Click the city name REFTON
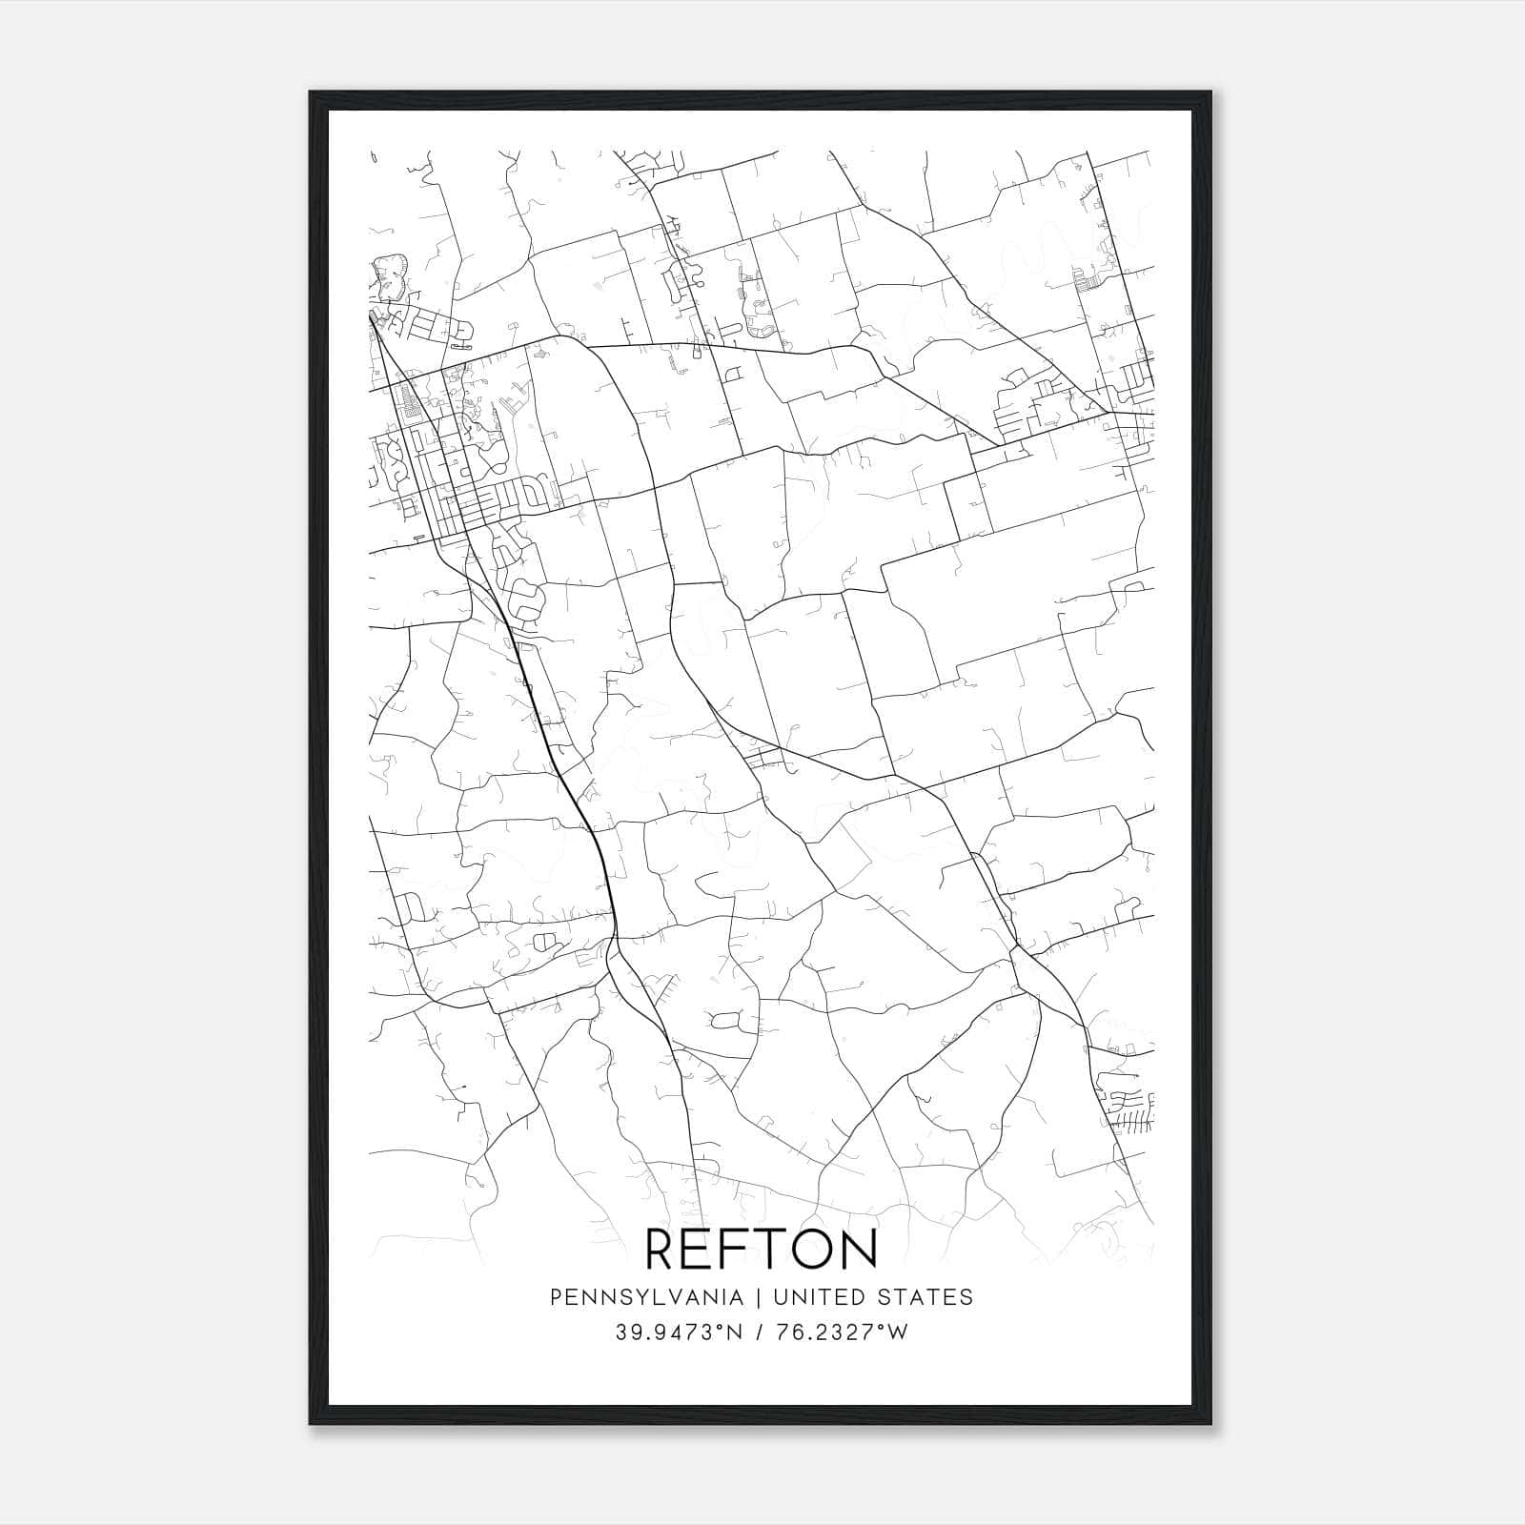click(x=762, y=1249)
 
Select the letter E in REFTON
click(x=703, y=1249)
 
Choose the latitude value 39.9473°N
click(x=678, y=1332)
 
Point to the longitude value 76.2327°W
click(x=843, y=1332)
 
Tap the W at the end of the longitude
click(x=897, y=1332)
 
